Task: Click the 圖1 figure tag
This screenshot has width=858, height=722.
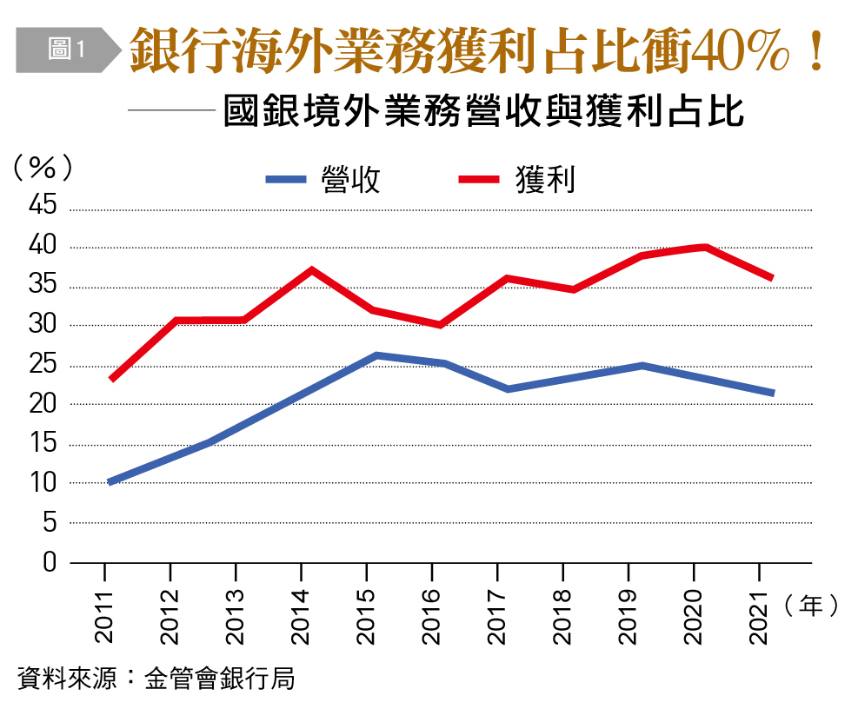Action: click(65, 50)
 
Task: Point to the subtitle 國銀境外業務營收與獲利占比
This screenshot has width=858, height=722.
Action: click(483, 114)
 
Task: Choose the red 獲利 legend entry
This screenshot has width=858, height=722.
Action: click(517, 179)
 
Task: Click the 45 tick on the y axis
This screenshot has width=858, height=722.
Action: click(44, 207)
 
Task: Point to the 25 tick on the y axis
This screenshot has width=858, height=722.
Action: click(44, 365)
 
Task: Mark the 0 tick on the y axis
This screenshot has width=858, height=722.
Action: click(50, 562)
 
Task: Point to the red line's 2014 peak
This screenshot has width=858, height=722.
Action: click(310, 270)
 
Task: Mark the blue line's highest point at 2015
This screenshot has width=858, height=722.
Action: click(376, 355)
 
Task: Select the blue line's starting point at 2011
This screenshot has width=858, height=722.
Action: click(110, 481)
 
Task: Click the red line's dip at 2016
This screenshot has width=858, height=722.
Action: click(441, 325)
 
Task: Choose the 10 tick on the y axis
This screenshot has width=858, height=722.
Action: click(44, 483)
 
